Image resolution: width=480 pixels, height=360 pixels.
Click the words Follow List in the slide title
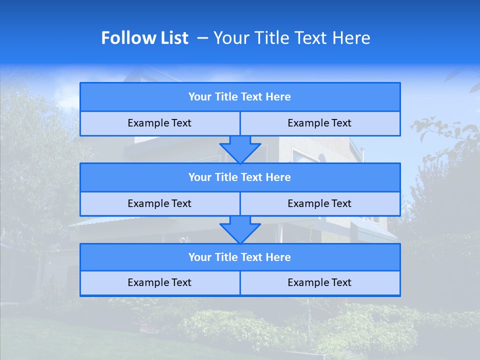pyautogui.click(x=144, y=38)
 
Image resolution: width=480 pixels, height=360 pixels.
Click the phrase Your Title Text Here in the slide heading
pyautogui.click(x=291, y=38)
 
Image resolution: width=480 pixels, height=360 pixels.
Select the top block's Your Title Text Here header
pyautogui.click(x=239, y=96)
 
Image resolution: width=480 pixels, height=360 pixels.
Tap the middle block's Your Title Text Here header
pyautogui.click(x=239, y=177)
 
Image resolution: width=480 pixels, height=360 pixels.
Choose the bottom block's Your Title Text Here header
pyautogui.click(x=239, y=257)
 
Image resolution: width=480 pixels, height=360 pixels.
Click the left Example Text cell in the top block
pyautogui.click(x=159, y=123)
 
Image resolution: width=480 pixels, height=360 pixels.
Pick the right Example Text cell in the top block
pyautogui.click(x=319, y=123)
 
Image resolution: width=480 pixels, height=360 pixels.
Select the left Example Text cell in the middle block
pyautogui.click(x=159, y=203)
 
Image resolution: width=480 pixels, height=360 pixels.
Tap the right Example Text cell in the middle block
pyautogui.click(x=319, y=203)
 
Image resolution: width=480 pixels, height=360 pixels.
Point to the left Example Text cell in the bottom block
pyautogui.click(x=159, y=282)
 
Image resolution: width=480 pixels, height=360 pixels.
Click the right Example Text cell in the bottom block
pyautogui.click(x=319, y=282)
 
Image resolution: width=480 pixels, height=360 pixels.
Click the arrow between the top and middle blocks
pyautogui.click(x=240, y=149)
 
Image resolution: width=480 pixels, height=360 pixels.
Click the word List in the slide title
pyautogui.click(x=172, y=38)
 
